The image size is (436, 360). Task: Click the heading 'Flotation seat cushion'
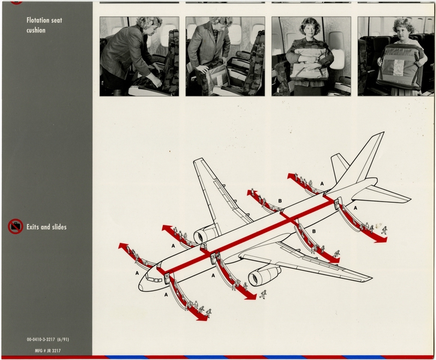click(x=44, y=25)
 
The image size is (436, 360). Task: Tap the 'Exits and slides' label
click(x=46, y=227)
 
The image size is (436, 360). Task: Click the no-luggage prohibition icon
click(x=16, y=227)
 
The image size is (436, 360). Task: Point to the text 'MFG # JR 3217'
click(x=43, y=350)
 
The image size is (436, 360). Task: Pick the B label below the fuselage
click(x=313, y=231)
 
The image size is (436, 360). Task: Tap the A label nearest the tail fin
click(x=322, y=183)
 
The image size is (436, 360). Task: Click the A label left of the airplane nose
click(x=137, y=273)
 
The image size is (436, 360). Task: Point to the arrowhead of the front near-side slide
click(x=201, y=316)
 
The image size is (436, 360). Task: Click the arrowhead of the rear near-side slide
click(x=380, y=239)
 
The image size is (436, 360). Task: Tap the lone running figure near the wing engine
click(x=263, y=294)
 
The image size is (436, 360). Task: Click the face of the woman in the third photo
click(x=311, y=29)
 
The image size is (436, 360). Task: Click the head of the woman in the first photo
click(x=148, y=24)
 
